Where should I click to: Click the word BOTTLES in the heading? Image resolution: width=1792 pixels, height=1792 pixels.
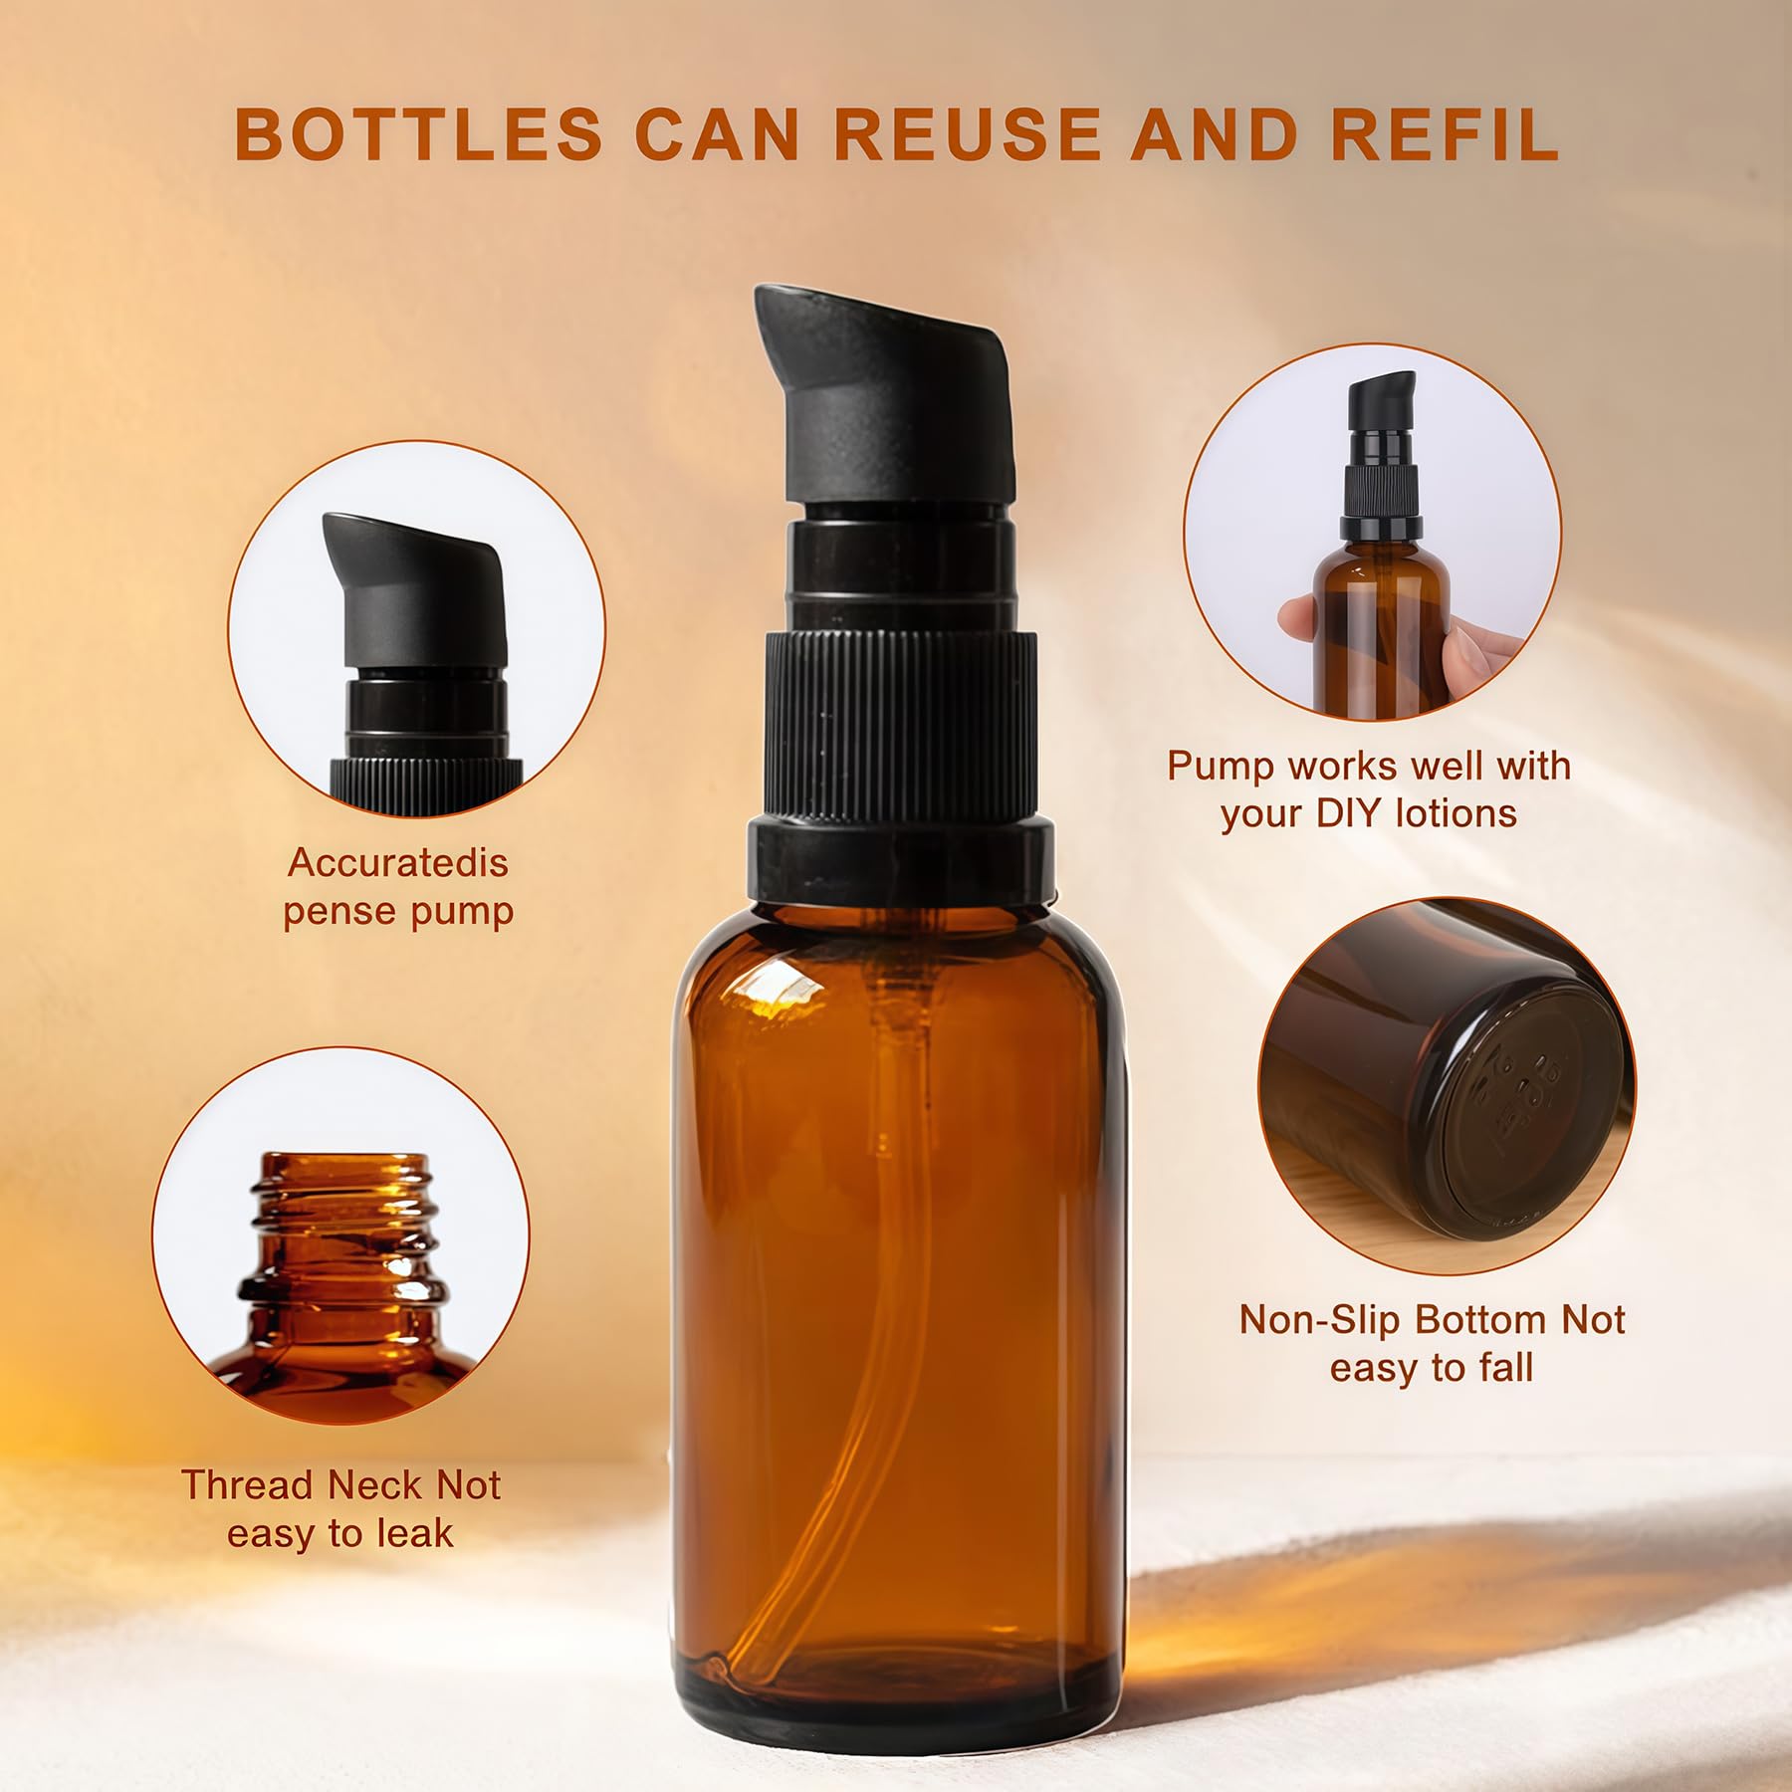[x=419, y=134]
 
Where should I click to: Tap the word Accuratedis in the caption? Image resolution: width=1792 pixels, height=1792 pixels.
[x=398, y=862]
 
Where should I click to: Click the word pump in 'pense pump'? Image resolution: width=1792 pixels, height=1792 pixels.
[x=464, y=912]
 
